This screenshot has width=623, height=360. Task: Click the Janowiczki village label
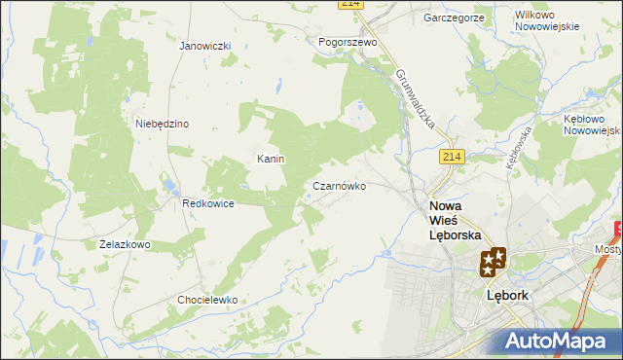pyautogui.click(x=204, y=46)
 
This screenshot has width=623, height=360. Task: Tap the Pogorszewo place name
pyautogui.click(x=348, y=43)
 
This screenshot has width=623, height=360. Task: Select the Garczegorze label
pyautogui.click(x=455, y=18)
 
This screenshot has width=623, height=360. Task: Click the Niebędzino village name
pyautogui.click(x=162, y=124)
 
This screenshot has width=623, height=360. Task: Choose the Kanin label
pyautogui.click(x=270, y=159)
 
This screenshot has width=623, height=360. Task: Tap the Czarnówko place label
pyautogui.click(x=339, y=185)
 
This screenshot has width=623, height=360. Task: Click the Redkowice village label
pyautogui.click(x=207, y=204)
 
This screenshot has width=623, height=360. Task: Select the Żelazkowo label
pyautogui.click(x=125, y=244)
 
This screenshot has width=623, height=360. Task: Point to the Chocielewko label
pyautogui.click(x=207, y=300)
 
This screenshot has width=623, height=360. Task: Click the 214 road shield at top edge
pyautogui.click(x=351, y=4)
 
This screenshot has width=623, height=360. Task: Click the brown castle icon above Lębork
pyautogui.click(x=493, y=262)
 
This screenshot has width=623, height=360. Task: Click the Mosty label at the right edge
pyautogui.click(x=607, y=250)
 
